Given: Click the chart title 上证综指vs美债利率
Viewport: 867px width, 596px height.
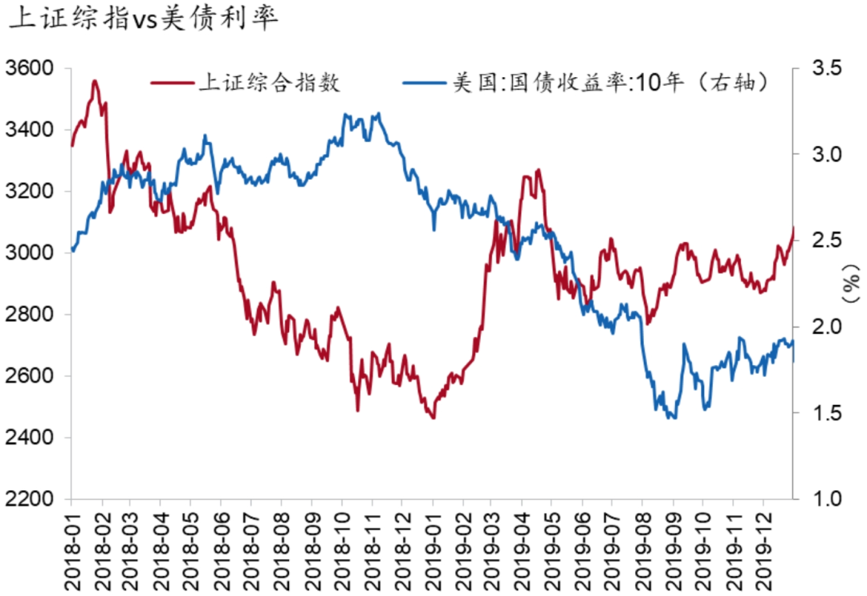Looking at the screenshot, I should pos(143,19).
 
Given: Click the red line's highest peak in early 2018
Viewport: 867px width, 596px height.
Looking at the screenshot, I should pos(95,80).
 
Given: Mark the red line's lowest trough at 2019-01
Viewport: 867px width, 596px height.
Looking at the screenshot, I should pos(433,417).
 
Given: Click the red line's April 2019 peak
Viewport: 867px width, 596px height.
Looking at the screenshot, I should pos(538,170).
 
